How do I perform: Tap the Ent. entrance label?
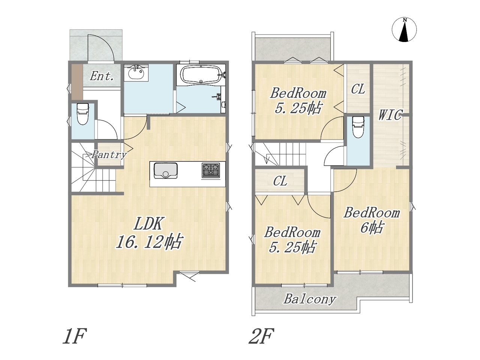102,76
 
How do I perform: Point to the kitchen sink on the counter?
165,171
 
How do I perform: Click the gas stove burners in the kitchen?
211,170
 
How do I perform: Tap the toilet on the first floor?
83,114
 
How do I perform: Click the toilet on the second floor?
358,127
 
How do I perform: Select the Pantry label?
109,155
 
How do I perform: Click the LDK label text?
148,223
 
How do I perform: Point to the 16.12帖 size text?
148,242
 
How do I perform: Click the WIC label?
390,114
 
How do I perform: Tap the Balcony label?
310,299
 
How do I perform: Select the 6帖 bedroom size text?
372,228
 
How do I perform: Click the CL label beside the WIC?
358,89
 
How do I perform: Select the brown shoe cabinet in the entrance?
77,82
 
